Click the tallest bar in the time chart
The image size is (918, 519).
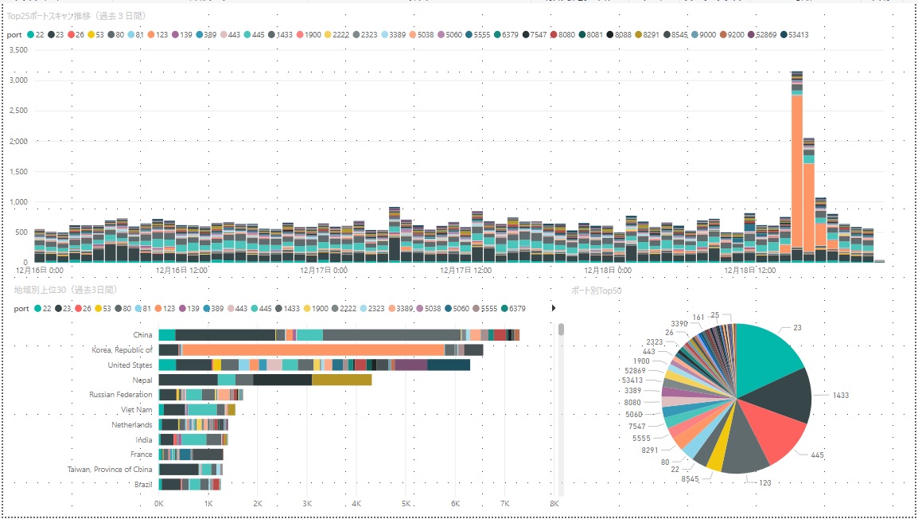[796, 167]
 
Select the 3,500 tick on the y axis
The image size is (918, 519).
[18, 50]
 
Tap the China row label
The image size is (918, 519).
[142, 335]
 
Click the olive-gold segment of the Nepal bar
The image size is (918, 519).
[341, 380]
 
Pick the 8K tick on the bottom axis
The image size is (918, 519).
[554, 503]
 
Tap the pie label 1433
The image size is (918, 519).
[840, 395]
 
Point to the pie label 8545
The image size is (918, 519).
[690, 479]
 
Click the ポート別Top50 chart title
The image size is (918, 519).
[596, 290]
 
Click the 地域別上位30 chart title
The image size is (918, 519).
[65, 290]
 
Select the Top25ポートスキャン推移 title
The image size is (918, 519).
[76, 16]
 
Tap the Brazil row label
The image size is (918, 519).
[143, 484]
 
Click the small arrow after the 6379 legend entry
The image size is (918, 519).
[554, 308]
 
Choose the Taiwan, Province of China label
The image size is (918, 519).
[110, 470]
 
